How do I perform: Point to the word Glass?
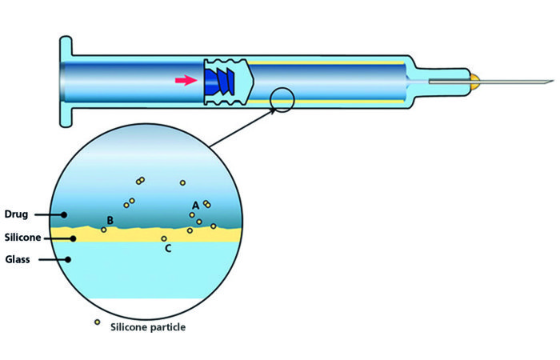[17, 259]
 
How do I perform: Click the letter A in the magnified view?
[194, 206]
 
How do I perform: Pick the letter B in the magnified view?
[110, 220]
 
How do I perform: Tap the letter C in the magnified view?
[167, 249]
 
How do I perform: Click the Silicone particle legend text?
[148, 326]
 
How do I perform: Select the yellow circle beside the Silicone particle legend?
[98, 322]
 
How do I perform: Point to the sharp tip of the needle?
[551, 81]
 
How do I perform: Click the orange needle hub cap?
[474, 80]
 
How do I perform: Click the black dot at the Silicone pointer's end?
[73, 238]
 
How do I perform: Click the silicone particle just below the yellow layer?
[164, 238]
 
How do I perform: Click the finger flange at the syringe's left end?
[65, 80]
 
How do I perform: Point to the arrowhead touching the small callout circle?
[274, 110]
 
